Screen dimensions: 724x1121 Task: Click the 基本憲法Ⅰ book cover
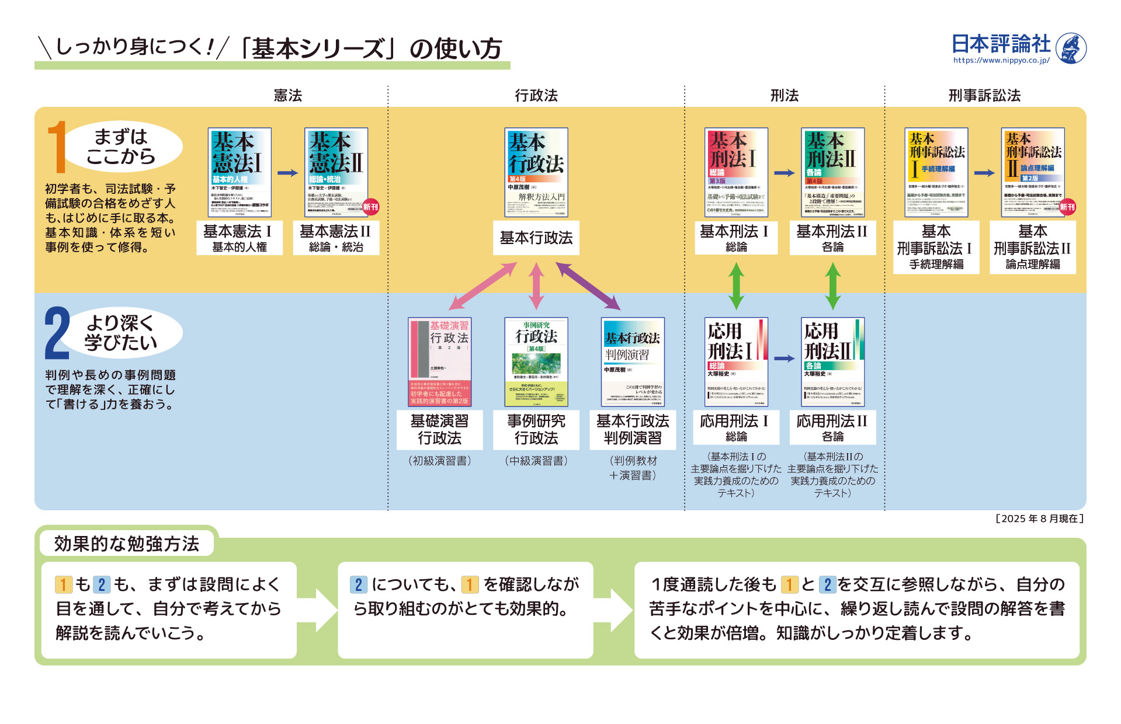pos(240,172)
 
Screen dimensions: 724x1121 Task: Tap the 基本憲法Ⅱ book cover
pos(336,172)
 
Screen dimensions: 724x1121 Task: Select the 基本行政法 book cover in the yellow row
pos(536,172)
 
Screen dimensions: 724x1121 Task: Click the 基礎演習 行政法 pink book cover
pos(439,362)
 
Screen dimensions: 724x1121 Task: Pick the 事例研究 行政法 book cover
pos(536,362)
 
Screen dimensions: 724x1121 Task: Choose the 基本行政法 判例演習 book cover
pos(633,362)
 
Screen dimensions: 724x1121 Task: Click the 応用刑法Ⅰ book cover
pos(736,362)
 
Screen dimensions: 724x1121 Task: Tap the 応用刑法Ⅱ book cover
pos(832,362)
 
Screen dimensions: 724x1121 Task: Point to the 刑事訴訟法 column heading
pos(984,95)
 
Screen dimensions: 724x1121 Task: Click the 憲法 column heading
pos(288,95)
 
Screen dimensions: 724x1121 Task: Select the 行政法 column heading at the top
pos(536,95)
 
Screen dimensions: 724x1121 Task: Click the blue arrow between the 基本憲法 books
pos(287,173)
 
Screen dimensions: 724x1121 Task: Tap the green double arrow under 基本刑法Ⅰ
pos(736,286)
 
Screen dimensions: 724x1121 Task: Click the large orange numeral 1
pos(57,147)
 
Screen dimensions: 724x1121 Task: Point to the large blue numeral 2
pos(57,333)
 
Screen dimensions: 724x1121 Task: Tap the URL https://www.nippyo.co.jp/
pos(1001,60)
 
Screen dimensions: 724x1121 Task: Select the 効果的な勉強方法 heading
pos(127,544)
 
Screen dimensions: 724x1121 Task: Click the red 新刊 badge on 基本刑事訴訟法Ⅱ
pos(1067,207)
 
